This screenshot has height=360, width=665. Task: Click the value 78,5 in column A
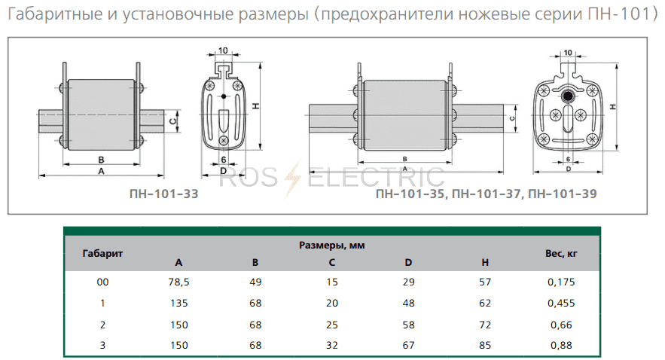click(x=178, y=282)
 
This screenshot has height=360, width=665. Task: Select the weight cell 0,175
click(x=561, y=282)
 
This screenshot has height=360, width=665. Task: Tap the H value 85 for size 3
click(x=485, y=345)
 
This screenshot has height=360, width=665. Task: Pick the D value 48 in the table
click(x=408, y=304)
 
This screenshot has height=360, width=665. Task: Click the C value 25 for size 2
click(x=332, y=325)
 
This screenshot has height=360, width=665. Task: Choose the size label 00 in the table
click(x=102, y=282)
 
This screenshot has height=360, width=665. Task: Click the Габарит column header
click(x=102, y=254)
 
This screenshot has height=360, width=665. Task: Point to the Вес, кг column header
click(x=561, y=254)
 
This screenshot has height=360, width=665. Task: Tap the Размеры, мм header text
click(x=331, y=245)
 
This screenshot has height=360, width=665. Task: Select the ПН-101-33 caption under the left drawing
click(x=163, y=194)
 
